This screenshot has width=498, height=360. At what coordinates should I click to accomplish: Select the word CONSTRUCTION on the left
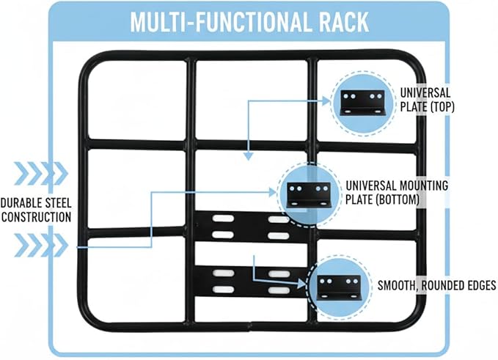click(x=37, y=217)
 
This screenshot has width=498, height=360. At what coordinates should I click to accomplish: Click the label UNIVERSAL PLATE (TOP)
click(x=427, y=100)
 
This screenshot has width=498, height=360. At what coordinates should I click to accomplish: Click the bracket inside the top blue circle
click(x=362, y=103)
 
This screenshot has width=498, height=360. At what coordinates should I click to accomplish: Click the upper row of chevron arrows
click(x=41, y=173)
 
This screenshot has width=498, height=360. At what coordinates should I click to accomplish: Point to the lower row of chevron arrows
click(x=41, y=245)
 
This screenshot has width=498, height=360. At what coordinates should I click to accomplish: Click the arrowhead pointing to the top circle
click(x=326, y=101)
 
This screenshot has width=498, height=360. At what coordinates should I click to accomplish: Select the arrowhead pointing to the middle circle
click(x=273, y=192)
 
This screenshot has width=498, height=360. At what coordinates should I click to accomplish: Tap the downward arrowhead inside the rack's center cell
click(x=249, y=156)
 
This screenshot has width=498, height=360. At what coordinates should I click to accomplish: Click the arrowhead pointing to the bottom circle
click(x=301, y=284)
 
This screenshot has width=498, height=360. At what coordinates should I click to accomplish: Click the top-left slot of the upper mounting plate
click(x=223, y=218)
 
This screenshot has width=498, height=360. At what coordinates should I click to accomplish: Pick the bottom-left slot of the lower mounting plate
click(x=224, y=290)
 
